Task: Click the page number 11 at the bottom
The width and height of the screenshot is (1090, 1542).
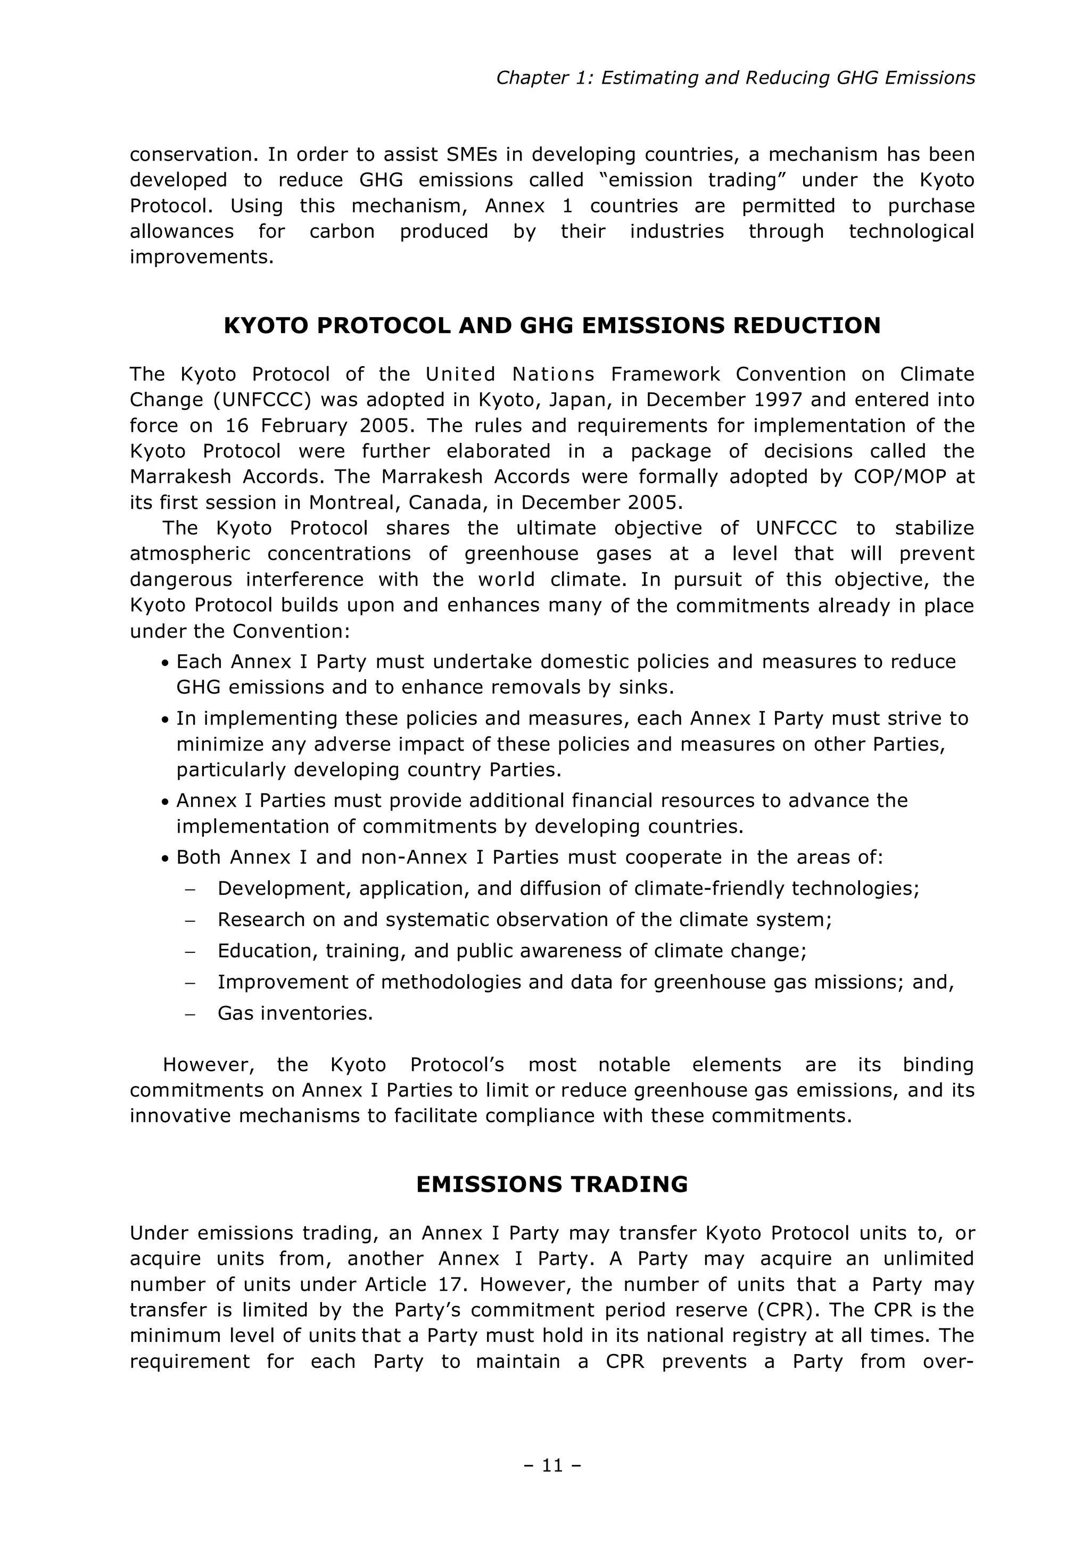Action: tap(552, 1466)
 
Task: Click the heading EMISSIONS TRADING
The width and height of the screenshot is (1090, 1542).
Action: tap(552, 1184)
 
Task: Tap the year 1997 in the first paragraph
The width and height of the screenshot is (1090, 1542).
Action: tap(779, 400)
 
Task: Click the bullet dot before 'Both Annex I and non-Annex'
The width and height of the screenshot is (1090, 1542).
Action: tap(164, 859)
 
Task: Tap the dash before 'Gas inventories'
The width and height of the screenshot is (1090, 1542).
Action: tap(189, 1013)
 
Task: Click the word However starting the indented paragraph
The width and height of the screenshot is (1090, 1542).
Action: tap(210, 1065)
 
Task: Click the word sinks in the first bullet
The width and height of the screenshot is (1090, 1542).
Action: tap(646, 688)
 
